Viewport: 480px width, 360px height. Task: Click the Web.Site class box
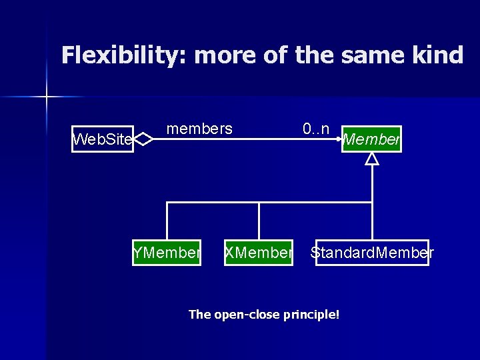[x=103, y=139]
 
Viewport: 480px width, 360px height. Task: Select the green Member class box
[x=371, y=139]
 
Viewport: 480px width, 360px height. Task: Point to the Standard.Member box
[x=372, y=253]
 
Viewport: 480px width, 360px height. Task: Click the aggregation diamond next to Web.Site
[x=144, y=139]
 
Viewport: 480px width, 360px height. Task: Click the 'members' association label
[x=199, y=129]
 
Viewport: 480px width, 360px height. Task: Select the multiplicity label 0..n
[x=315, y=129]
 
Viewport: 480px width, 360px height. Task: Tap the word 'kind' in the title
[x=437, y=55]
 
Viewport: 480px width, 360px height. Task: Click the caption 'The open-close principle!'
[x=264, y=314]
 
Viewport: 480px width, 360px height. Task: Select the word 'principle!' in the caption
[x=311, y=314]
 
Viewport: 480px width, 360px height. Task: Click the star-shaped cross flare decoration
[x=47, y=97]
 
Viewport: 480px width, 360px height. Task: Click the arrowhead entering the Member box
[x=339, y=139]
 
